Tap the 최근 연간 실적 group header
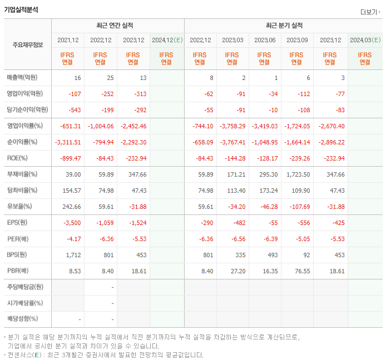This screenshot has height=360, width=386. click(x=117, y=26)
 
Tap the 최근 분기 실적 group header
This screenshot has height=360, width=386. click(x=284, y=26)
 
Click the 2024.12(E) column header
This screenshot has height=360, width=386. click(x=166, y=40)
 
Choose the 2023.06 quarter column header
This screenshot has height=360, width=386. click(x=265, y=40)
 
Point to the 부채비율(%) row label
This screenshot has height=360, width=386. click(x=23, y=174)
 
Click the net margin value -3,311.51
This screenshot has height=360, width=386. click(x=68, y=142)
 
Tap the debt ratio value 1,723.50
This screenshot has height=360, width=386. click(x=296, y=174)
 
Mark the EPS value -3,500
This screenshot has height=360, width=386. click(x=71, y=223)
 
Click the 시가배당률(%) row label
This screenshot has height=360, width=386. click(x=25, y=303)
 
